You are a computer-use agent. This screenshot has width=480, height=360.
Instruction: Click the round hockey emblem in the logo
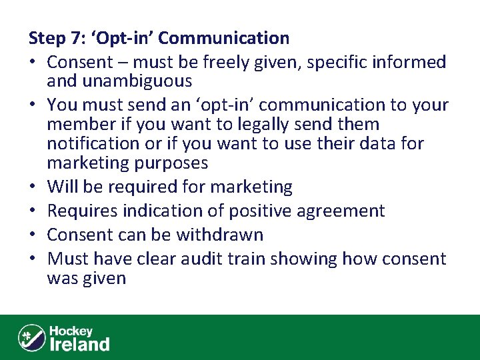pos(31,337)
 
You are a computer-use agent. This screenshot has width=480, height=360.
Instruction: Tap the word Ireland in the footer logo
pos(79,344)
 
